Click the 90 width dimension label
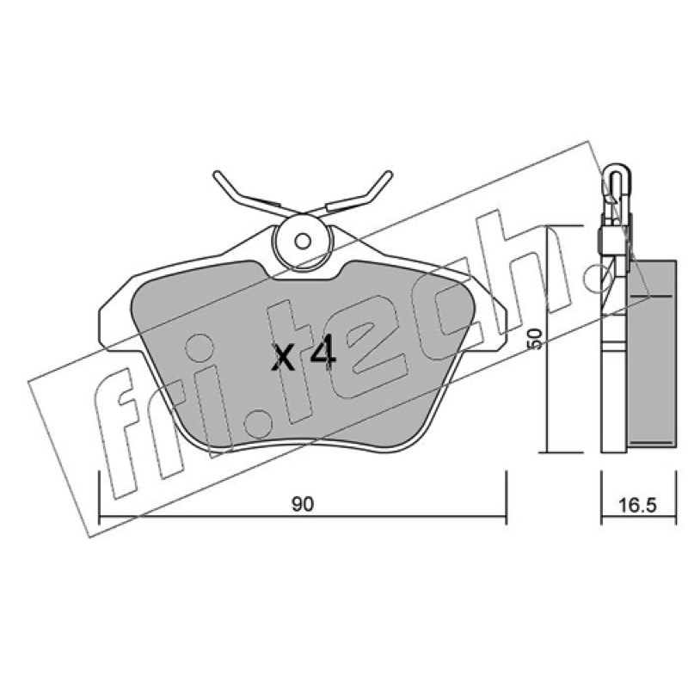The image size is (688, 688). [303, 504]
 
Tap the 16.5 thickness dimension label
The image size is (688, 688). [637, 506]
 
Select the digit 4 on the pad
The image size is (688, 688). [323, 353]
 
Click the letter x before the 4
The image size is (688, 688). [284, 357]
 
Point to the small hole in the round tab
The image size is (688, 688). [303, 241]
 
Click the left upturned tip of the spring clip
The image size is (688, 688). [217, 175]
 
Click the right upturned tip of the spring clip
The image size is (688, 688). [389, 175]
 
